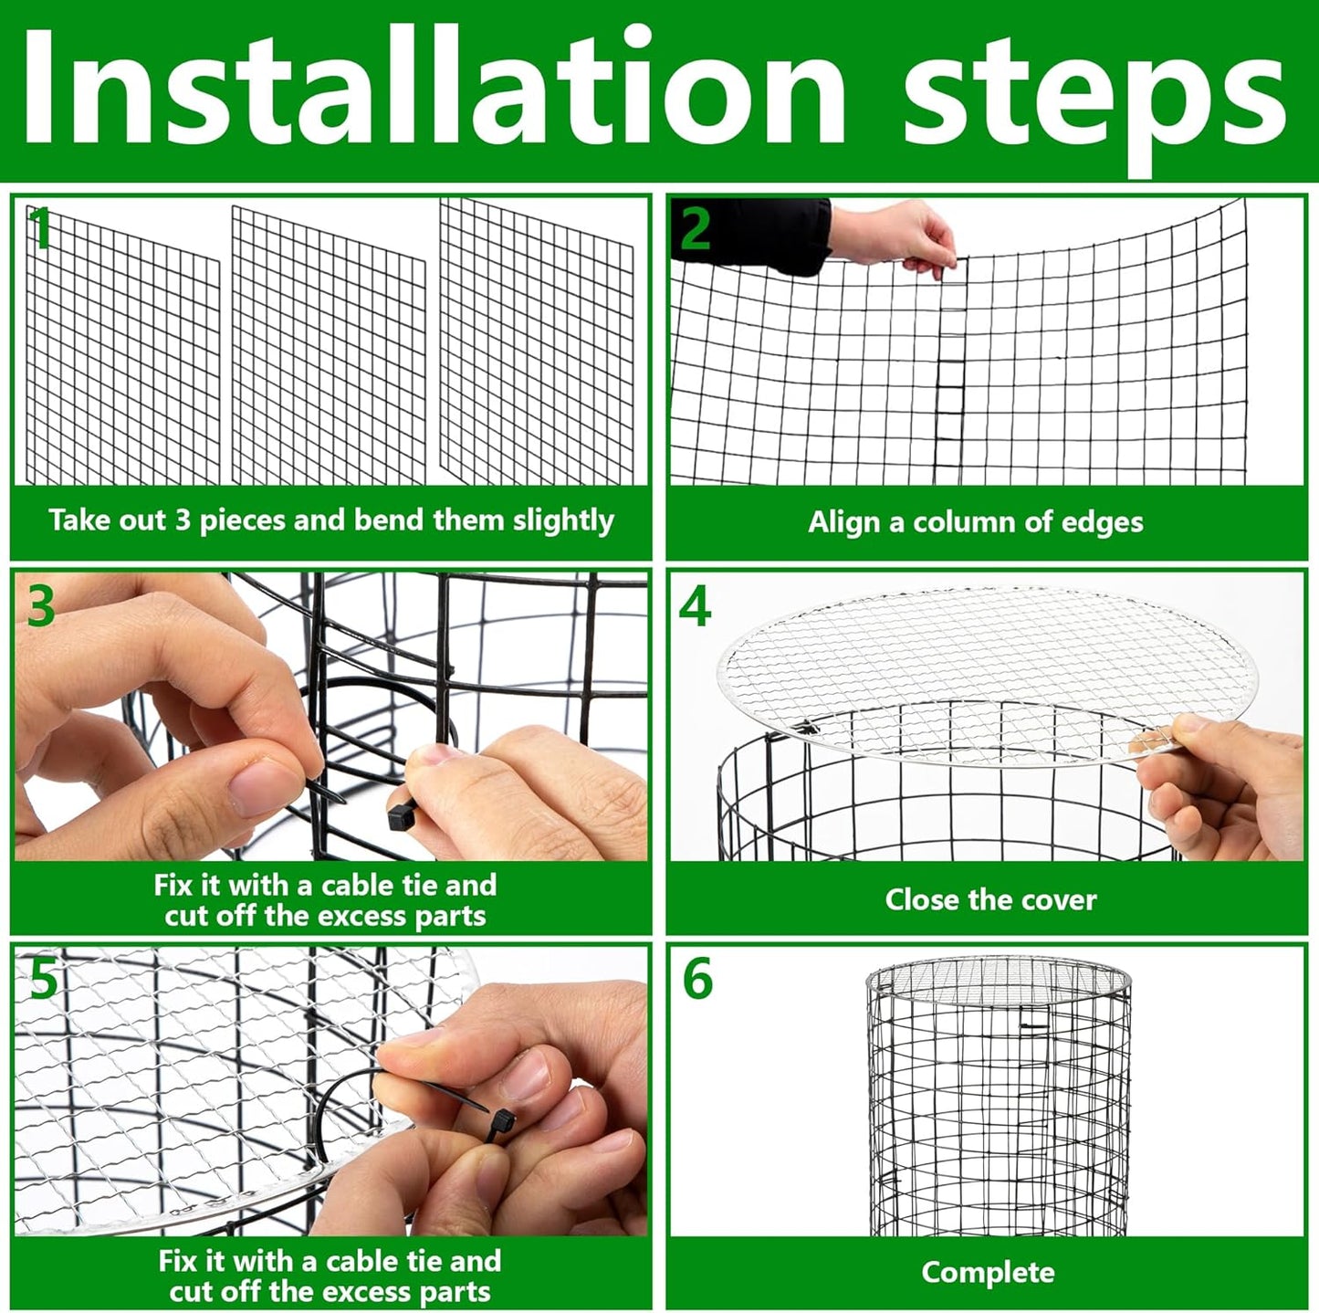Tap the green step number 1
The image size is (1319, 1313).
[x=38, y=228]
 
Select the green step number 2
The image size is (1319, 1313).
[x=695, y=228]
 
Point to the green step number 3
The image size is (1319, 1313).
[x=40, y=605]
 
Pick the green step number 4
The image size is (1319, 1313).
[x=695, y=605]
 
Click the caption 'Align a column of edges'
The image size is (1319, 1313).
[x=975, y=522]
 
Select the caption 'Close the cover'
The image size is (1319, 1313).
[x=990, y=899]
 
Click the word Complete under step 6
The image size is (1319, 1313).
[x=988, y=1272]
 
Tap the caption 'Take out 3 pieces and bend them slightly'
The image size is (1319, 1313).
[x=330, y=520]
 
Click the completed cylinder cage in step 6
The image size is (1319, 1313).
[x=998, y=1096]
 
